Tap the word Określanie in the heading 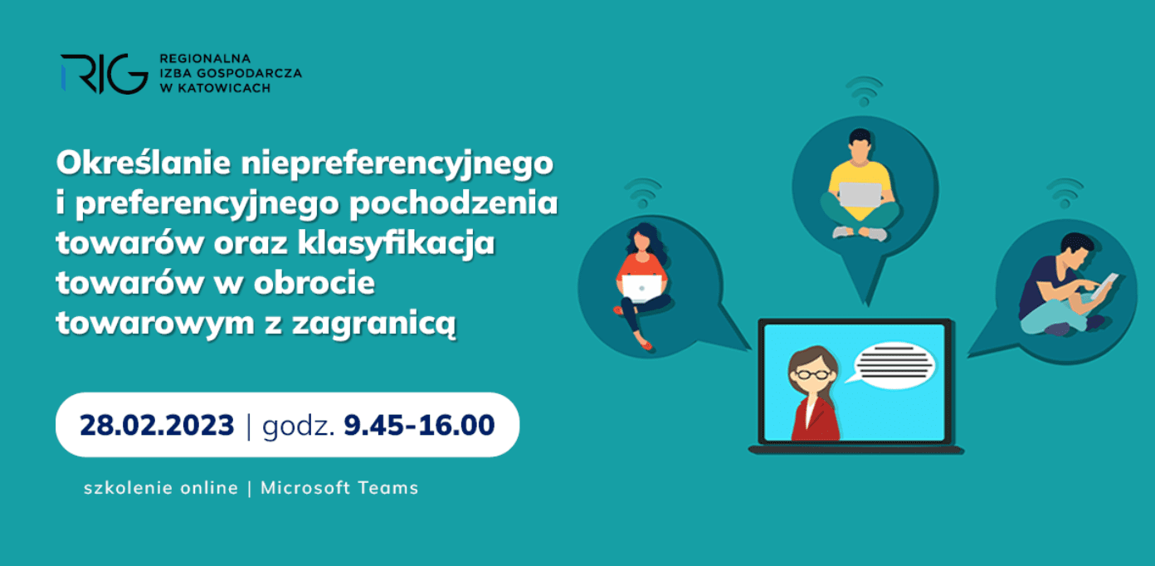pyautogui.click(x=144, y=163)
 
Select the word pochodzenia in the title pyautogui.click(x=454, y=203)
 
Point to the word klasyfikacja pyautogui.click(x=396, y=243)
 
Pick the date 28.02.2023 pyautogui.click(x=157, y=425)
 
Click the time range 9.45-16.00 pyautogui.click(x=419, y=425)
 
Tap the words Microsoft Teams pyautogui.click(x=339, y=488)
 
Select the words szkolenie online pyautogui.click(x=161, y=488)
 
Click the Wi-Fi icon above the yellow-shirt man pyautogui.click(x=865, y=91)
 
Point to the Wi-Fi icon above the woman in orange pyautogui.click(x=642, y=193)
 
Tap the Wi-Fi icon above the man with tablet pyautogui.click(x=1065, y=193)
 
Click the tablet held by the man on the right pyautogui.click(x=1104, y=286)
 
